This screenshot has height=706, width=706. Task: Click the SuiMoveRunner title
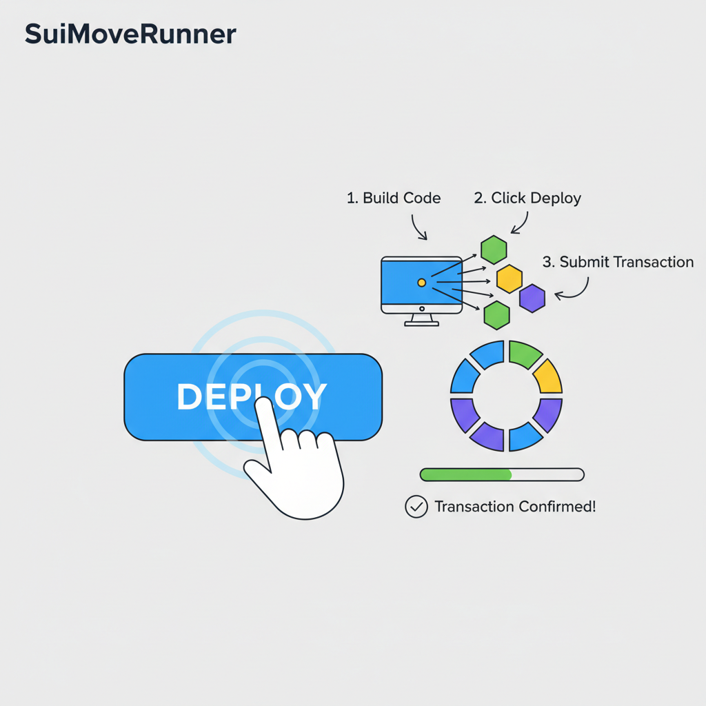point(130,34)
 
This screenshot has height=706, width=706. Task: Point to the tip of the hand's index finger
point(262,405)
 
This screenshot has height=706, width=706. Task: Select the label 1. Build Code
point(393,199)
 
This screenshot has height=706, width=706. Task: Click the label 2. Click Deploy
point(527,199)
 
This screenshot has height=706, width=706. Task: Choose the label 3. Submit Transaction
point(618,262)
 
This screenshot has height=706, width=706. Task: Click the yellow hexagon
point(510,278)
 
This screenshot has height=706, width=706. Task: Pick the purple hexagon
point(532,298)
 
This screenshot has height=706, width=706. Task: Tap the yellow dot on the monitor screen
point(421,283)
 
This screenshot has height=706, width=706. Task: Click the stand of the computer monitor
point(421,320)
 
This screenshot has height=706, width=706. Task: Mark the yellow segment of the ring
point(549,376)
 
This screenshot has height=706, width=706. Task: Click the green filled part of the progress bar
point(465,474)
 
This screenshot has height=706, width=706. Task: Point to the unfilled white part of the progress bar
point(548,474)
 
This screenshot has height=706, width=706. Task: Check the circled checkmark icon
point(416,507)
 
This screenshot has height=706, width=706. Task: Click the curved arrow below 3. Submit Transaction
point(576,290)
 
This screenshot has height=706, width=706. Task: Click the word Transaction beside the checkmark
point(474,507)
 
